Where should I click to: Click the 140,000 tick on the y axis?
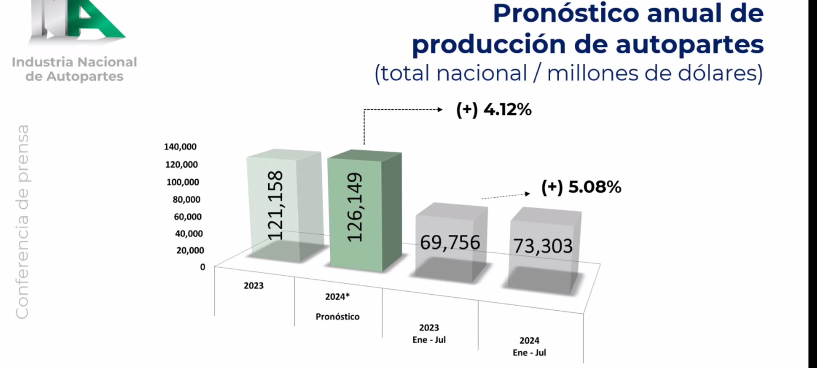click(x=180, y=147)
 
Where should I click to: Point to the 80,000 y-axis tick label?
click(x=187, y=199)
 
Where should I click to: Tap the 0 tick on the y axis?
click(x=203, y=267)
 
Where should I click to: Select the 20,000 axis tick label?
click(x=190, y=250)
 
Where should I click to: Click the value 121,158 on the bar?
click(x=275, y=205)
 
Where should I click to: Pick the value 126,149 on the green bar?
click(x=354, y=207)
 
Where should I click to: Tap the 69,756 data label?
click(x=450, y=242)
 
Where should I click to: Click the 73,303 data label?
click(x=543, y=246)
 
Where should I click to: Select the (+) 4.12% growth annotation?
click(x=494, y=110)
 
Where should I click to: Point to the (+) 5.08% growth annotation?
click(x=581, y=187)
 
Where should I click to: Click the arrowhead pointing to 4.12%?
click(x=440, y=110)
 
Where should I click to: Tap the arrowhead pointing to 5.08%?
click(x=528, y=194)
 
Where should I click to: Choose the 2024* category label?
click(x=337, y=297)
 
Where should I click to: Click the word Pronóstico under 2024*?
click(x=337, y=317)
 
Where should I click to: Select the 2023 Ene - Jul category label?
click(x=429, y=334)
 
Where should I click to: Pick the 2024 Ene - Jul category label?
click(x=529, y=347)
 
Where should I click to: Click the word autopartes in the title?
click(x=690, y=45)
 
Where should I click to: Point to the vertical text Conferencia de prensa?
click(x=22, y=222)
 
